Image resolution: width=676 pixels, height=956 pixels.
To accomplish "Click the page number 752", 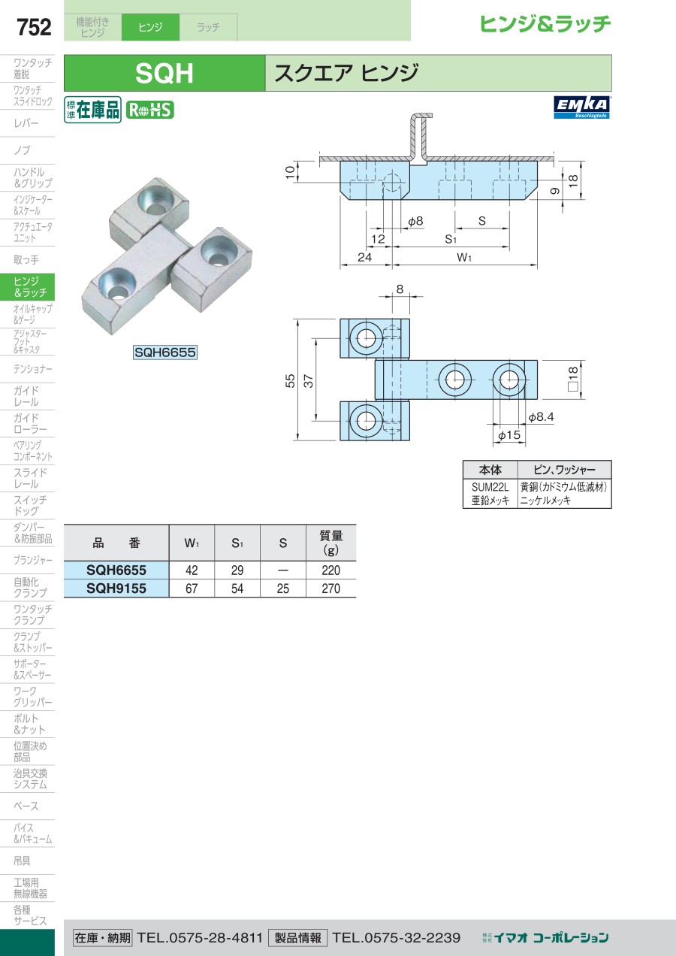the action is click(x=34, y=27).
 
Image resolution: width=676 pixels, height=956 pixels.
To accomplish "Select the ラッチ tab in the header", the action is click(x=208, y=27).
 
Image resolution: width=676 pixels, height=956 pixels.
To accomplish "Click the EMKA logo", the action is click(x=582, y=107).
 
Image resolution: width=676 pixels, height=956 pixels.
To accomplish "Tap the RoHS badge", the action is click(x=150, y=110).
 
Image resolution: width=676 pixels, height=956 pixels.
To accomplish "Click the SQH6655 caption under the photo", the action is click(x=165, y=352).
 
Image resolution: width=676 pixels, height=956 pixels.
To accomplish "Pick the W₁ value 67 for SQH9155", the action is click(x=192, y=588).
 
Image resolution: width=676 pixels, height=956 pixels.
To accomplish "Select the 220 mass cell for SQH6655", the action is click(x=330, y=570).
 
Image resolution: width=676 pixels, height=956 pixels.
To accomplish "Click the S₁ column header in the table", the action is click(x=237, y=543).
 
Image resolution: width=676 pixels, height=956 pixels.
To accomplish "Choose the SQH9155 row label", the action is click(x=116, y=588).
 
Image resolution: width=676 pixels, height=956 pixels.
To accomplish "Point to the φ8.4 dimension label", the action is click(x=541, y=417).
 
